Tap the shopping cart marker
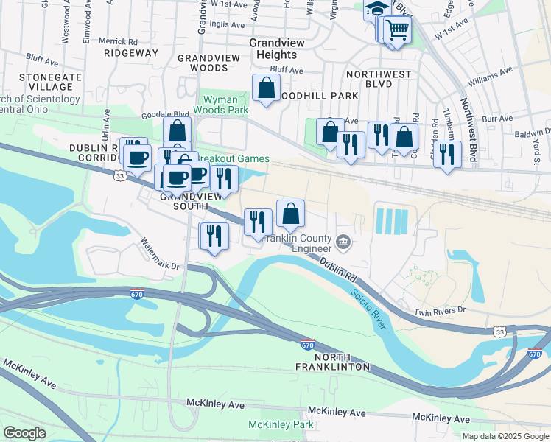click(397, 30)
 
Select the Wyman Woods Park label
click(221, 103)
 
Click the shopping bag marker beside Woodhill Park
click(266, 88)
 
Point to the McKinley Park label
click(281, 424)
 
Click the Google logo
click(24, 433)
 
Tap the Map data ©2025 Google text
click(505, 436)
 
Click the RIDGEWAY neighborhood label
click(131, 53)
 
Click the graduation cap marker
click(376, 9)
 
